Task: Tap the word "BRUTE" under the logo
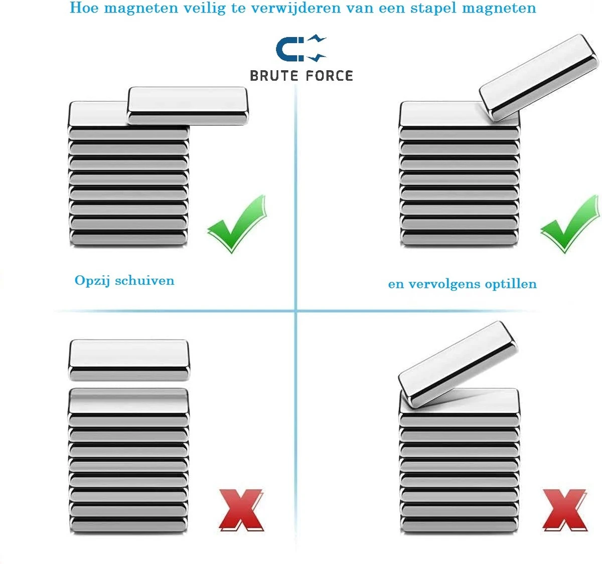pos(274,76)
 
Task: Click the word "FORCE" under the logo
pos(330,76)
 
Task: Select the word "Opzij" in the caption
pos(92,281)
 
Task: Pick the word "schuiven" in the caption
pos(145,280)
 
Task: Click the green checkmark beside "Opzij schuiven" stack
pos(237,224)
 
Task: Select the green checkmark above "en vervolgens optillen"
pos(569,224)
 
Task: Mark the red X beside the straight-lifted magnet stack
pos(241,510)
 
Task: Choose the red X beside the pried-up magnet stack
pos(565,510)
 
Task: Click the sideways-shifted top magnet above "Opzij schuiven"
pos(188,106)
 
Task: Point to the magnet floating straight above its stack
pos(129,359)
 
